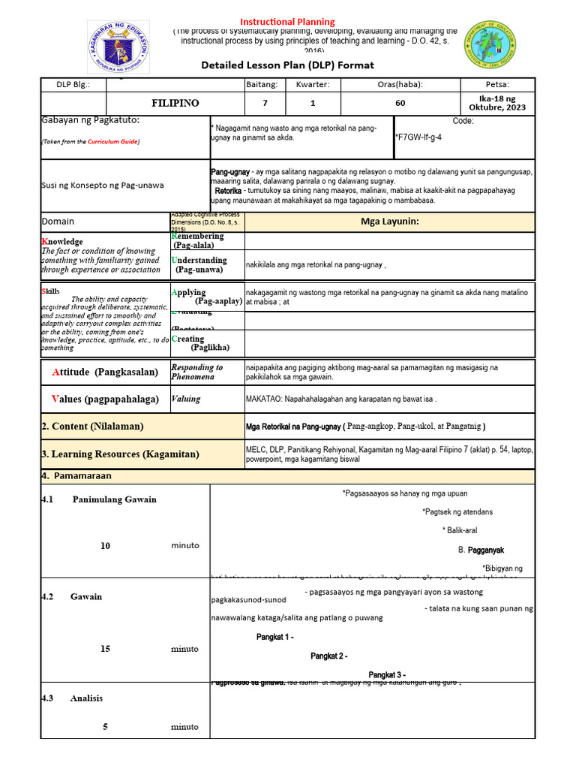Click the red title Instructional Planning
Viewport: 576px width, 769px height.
pyautogui.click(x=287, y=22)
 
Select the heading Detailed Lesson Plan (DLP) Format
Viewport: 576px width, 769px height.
pyautogui.click(x=287, y=65)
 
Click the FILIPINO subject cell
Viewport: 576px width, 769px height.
pyautogui.click(x=175, y=103)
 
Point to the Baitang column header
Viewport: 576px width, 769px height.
pyautogui.click(x=262, y=84)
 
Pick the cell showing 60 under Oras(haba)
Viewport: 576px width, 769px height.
pyautogui.click(x=400, y=103)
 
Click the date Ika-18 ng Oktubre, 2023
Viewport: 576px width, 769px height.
pyautogui.click(x=497, y=103)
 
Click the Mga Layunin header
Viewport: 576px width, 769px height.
pyautogui.click(x=389, y=222)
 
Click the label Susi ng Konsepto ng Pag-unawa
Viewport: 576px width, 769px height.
pyautogui.click(x=103, y=185)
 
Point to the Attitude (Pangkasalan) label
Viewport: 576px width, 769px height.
pyautogui.click(x=105, y=372)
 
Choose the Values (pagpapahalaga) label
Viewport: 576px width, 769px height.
pyautogui.click(x=105, y=399)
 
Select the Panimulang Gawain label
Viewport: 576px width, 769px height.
pyautogui.click(x=114, y=499)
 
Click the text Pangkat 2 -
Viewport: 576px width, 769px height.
pyautogui.click(x=328, y=656)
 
